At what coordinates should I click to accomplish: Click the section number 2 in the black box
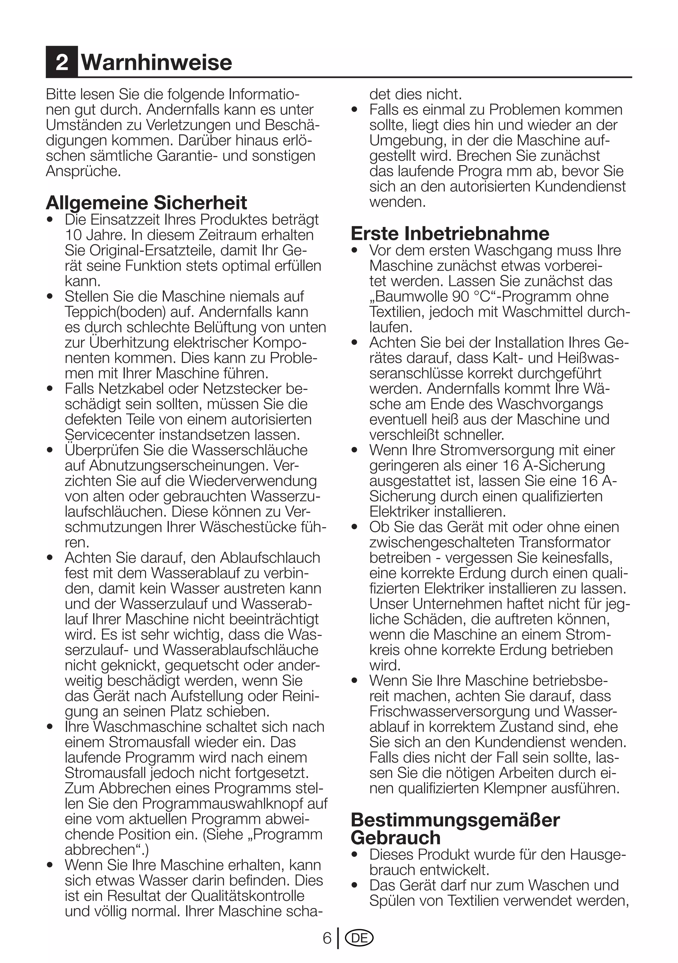(x=62, y=62)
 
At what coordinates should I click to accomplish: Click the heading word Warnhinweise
(x=156, y=62)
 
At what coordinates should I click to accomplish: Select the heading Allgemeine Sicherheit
(x=146, y=202)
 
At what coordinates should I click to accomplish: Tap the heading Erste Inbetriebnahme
(x=450, y=233)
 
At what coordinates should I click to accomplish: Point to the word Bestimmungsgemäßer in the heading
(x=455, y=820)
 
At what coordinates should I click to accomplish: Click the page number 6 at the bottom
(x=327, y=938)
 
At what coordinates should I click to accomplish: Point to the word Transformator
(x=564, y=542)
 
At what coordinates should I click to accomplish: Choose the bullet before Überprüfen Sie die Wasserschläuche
(x=50, y=450)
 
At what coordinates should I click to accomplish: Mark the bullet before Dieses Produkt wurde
(x=355, y=854)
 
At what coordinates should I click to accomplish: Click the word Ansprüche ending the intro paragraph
(x=83, y=171)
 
